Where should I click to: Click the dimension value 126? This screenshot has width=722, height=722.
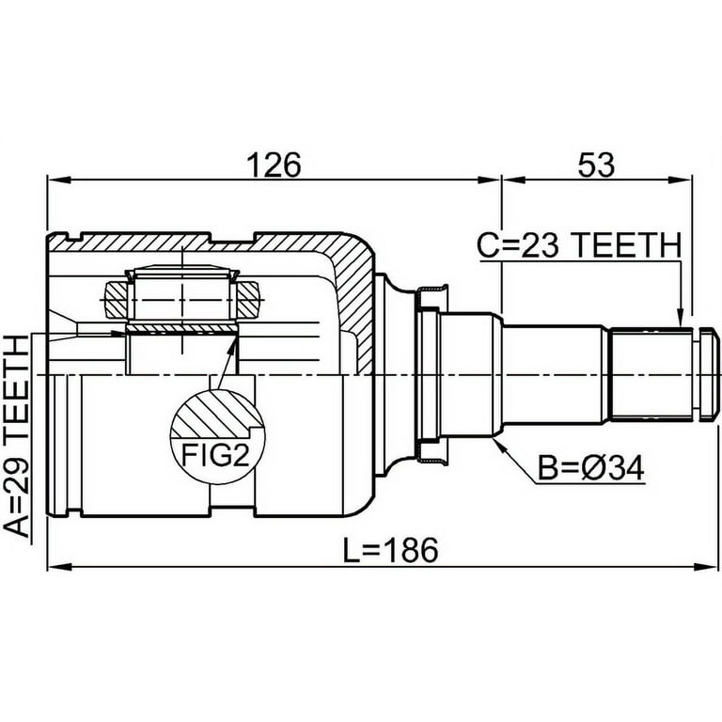coord(274,165)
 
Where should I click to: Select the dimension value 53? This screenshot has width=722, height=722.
coord(596,165)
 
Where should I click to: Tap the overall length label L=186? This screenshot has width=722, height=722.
coord(391,549)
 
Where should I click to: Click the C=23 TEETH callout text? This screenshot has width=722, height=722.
coord(579,245)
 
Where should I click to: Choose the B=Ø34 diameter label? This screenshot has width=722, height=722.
coord(591,469)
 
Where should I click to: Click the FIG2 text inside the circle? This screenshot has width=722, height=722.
coord(215,454)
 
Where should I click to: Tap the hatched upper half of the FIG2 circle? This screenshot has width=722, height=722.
coord(217,414)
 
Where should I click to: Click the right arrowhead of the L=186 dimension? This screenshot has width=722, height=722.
coord(707,566)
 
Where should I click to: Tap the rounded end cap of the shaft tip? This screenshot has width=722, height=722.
coord(709,374)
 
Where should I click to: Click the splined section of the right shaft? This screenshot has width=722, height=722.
coord(651,374)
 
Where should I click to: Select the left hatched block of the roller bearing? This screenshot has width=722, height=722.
coord(116,300)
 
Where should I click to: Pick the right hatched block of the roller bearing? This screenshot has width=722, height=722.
coord(248,300)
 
